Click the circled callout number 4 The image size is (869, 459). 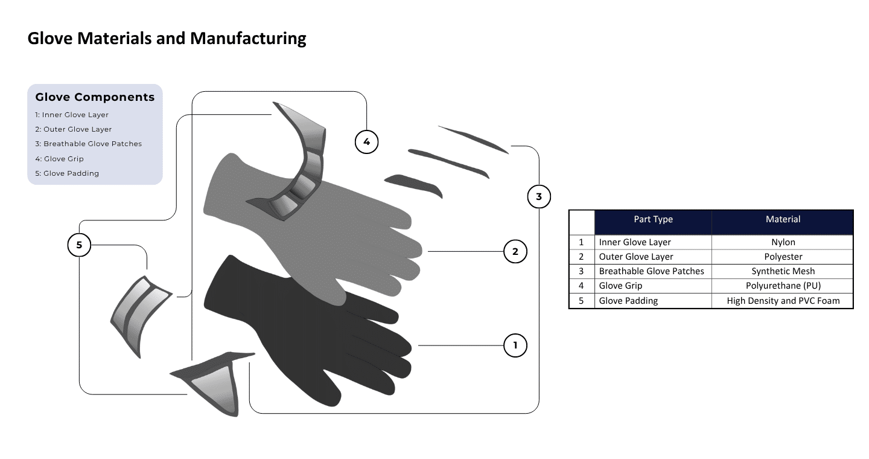pos(366,142)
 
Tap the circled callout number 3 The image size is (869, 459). pos(538,196)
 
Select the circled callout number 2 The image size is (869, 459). pos(515,251)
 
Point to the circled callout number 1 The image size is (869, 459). pos(515,345)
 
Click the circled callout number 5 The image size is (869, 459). pos(79,245)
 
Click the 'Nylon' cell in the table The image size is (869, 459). pos(783,242)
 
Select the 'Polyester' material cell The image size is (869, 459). pos(783,257)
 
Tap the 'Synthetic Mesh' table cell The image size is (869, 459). pos(783,271)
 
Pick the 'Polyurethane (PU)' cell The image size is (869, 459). pos(783,286)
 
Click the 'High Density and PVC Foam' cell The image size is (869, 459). pos(783,300)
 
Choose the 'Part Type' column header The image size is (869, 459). pos(653,219)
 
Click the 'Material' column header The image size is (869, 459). pos(783,219)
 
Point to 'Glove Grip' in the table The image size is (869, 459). pos(620,286)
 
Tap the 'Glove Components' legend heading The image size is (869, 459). pos(95,97)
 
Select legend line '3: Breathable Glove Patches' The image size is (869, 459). pos(88,144)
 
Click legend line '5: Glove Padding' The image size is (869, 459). pos(67,173)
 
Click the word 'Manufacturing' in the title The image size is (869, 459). pos(248,39)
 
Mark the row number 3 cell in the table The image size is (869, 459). pos(581,271)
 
